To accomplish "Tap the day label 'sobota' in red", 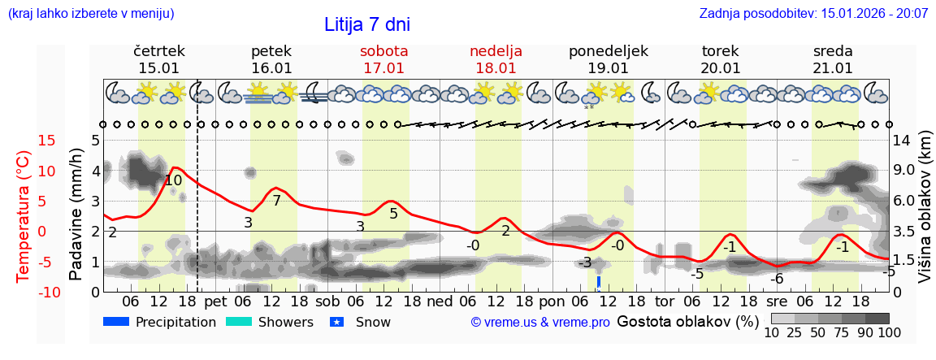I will [383, 51].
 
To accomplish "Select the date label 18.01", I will [496, 68].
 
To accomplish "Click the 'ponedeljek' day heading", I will [608, 51].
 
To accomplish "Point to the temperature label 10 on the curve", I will [173, 181].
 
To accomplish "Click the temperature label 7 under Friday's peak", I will [276, 201].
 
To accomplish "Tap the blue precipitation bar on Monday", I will [599, 281].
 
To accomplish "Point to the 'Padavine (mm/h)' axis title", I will [77, 214].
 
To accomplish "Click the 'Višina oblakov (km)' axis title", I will [925, 214].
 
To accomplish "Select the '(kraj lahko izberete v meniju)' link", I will [91, 14].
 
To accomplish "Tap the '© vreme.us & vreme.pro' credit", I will [540, 322].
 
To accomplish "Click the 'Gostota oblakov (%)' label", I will [686, 321].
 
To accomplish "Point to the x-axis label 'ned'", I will [440, 301].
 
